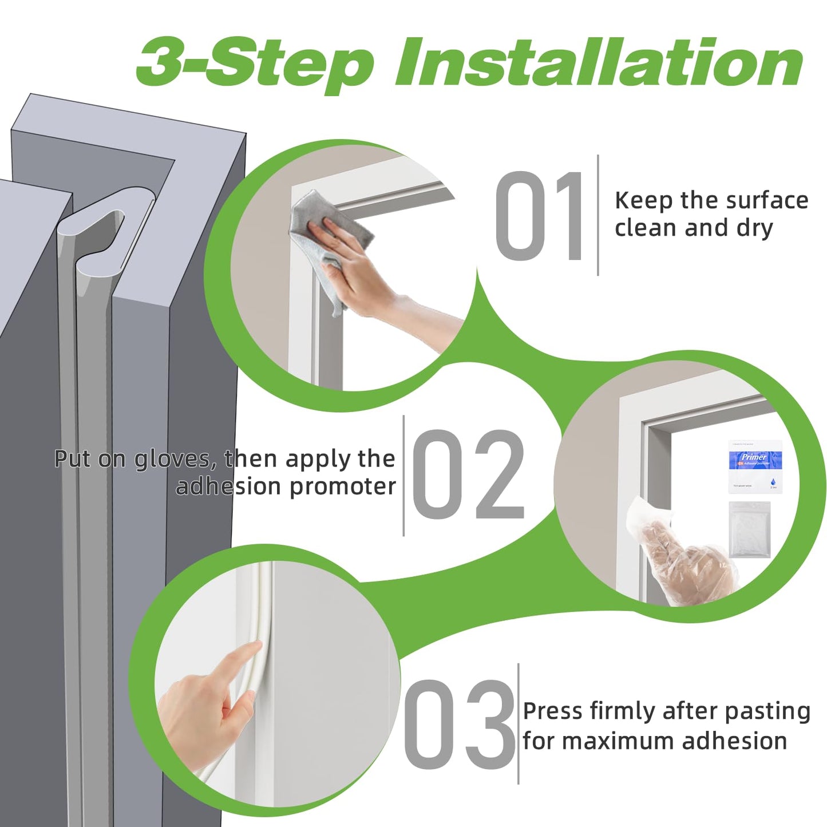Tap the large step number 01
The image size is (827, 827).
[x=539, y=216]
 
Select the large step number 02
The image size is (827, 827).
[x=468, y=475]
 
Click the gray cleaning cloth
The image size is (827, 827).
[x=329, y=229]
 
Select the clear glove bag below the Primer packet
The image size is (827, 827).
[x=749, y=529]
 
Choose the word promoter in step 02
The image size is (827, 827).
[x=342, y=487]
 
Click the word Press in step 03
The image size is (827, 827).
[x=552, y=711]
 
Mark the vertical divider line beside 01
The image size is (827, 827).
[x=598, y=215]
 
